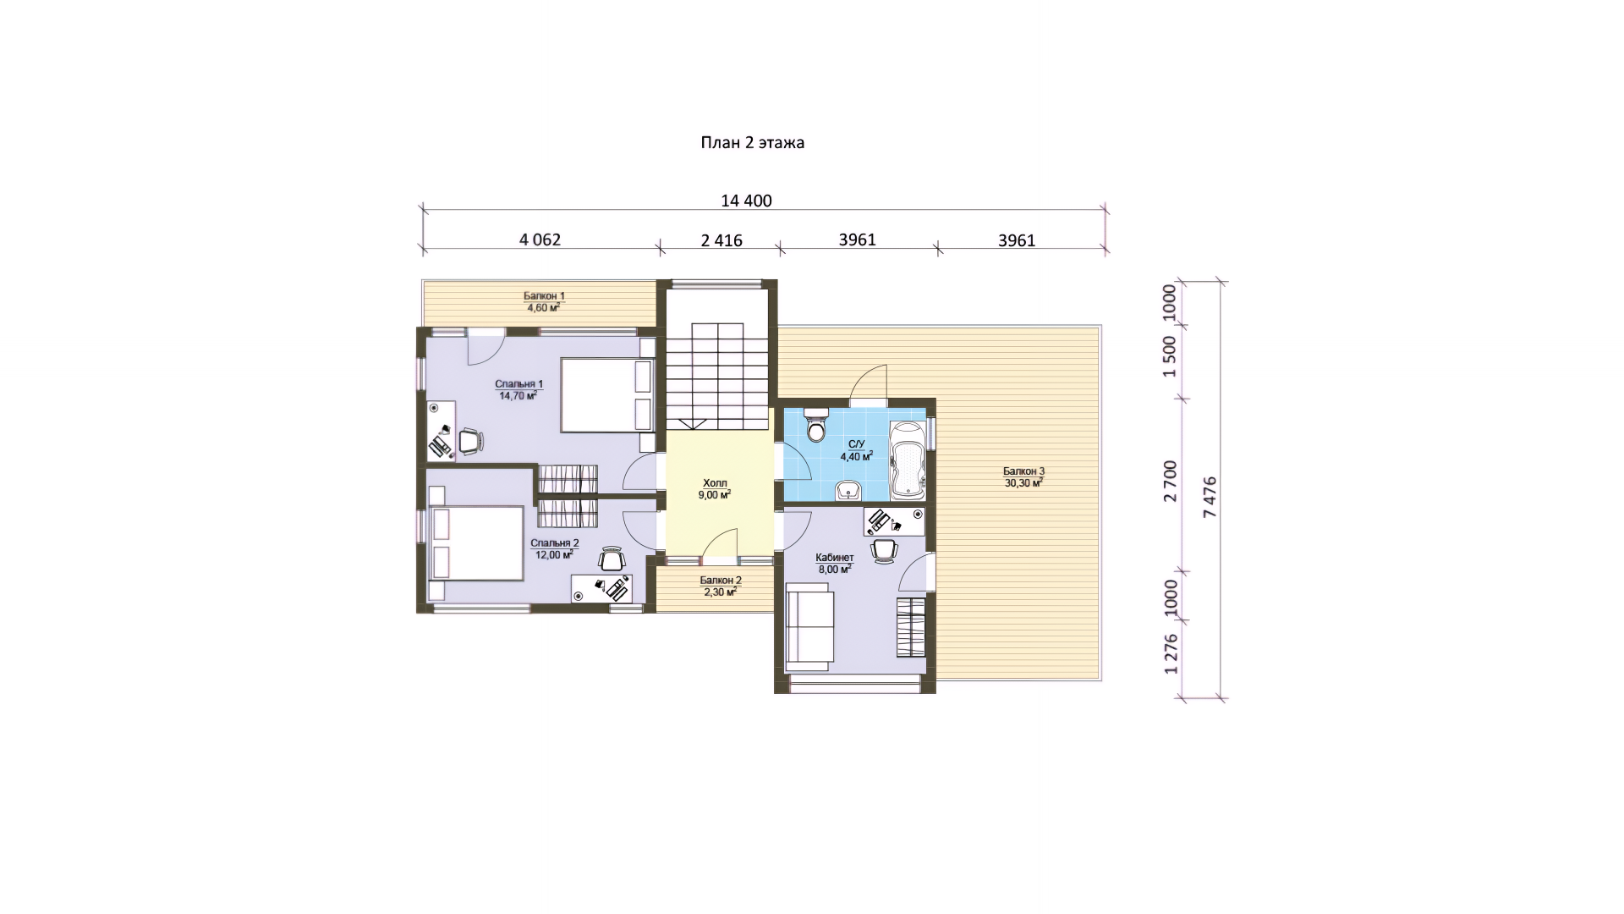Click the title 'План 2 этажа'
coord(752,143)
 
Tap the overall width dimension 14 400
coord(746,201)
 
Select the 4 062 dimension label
coord(540,240)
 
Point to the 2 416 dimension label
coord(721,240)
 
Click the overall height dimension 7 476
coord(1210,497)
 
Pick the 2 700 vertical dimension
coord(1170,482)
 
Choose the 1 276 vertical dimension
coord(1170,654)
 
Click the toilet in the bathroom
coord(816,426)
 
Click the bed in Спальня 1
coord(607,395)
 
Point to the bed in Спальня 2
coord(476,543)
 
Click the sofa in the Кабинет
coord(810,626)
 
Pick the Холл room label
coord(715,483)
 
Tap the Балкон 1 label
coord(544,296)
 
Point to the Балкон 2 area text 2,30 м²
coord(720,592)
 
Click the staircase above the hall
coord(717,376)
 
